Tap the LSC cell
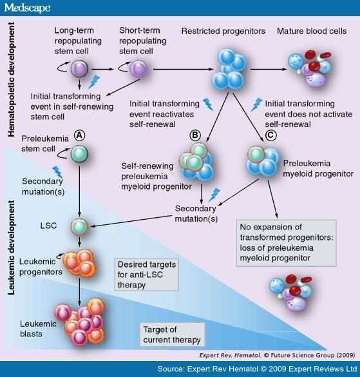(79, 226)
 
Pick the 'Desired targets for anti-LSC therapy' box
(147, 275)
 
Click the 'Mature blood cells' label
(312, 32)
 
